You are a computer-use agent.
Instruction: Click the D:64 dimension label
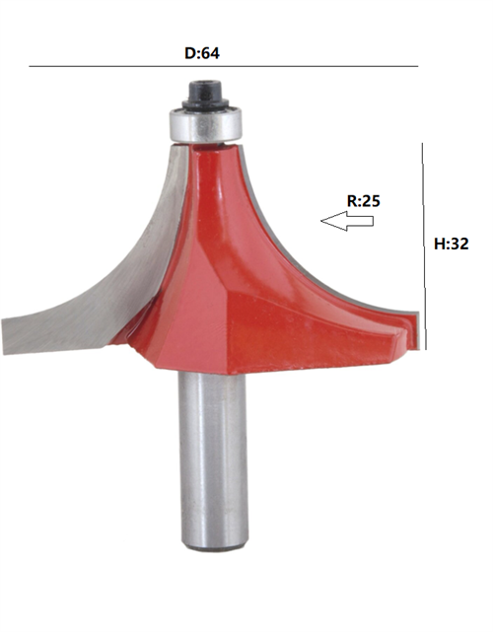pyautogui.click(x=202, y=52)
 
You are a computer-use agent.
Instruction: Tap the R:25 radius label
pyautogui.click(x=363, y=200)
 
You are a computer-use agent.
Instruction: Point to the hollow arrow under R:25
pyautogui.click(x=346, y=222)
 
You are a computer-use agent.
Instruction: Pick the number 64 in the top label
pyautogui.click(x=210, y=52)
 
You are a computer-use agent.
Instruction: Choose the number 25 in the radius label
pyautogui.click(x=371, y=200)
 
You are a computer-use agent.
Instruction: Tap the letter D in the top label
pyautogui.click(x=189, y=52)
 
